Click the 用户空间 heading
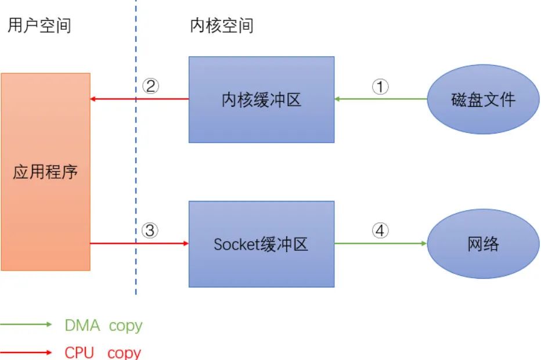(x=39, y=26)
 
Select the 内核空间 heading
(x=222, y=26)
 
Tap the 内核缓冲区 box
(x=261, y=99)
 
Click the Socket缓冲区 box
(x=261, y=244)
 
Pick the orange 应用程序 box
(x=45, y=171)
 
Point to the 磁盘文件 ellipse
(x=483, y=99)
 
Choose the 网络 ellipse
(x=483, y=244)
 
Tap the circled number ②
(x=150, y=87)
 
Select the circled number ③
(x=150, y=231)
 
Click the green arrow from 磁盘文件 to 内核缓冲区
(x=381, y=99)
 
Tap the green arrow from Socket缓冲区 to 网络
(x=381, y=244)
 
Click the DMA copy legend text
(x=103, y=326)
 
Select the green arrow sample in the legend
(x=26, y=325)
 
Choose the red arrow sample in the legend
(x=26, y=352)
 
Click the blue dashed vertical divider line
(x=136, y=174)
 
